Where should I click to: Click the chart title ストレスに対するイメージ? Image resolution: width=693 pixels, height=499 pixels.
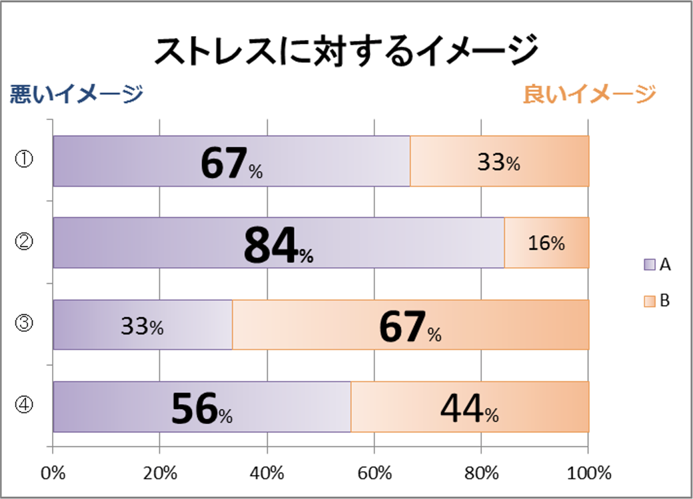pyautogui.click(x=346, y=51)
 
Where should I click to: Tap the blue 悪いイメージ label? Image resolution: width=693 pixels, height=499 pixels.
pyautogui.click(x=76, y=94)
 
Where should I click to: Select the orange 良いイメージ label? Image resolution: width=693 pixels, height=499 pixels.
pyautogui.click(x=589, y=94)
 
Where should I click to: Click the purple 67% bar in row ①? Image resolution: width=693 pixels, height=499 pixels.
pyautogui.click(x=231, y=161)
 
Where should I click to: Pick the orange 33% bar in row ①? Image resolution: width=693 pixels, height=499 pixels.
pyautogui.click(x=499, y=161)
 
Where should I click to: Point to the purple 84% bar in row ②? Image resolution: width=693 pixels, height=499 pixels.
pyautogui.click(x=279, y=243)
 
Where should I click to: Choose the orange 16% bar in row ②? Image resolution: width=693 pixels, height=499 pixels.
pyautogui.click(x=546, y=243)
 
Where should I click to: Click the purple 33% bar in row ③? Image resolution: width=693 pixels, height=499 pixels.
pyautogui.click(x=143, y=325)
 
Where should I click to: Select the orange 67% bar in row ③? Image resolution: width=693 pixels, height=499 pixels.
pyautogui.click(x=410, y=325)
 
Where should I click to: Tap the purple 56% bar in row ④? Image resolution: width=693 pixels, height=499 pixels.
pyautogui.click(x=202, y=407)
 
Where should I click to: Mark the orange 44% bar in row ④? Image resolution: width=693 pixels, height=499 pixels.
pyautogui.click(x=470, y=407)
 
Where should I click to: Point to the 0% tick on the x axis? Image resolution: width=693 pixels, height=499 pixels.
pyautogui.click(x=53, y=474)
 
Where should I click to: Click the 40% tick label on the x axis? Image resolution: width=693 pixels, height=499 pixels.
pyautogui.click(x=267, y=474)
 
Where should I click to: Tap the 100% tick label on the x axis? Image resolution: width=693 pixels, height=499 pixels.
pyautogui.click(x=588, y=474)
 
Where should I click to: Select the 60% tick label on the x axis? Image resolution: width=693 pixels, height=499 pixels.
pyautogui.click(x=374, y=474)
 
